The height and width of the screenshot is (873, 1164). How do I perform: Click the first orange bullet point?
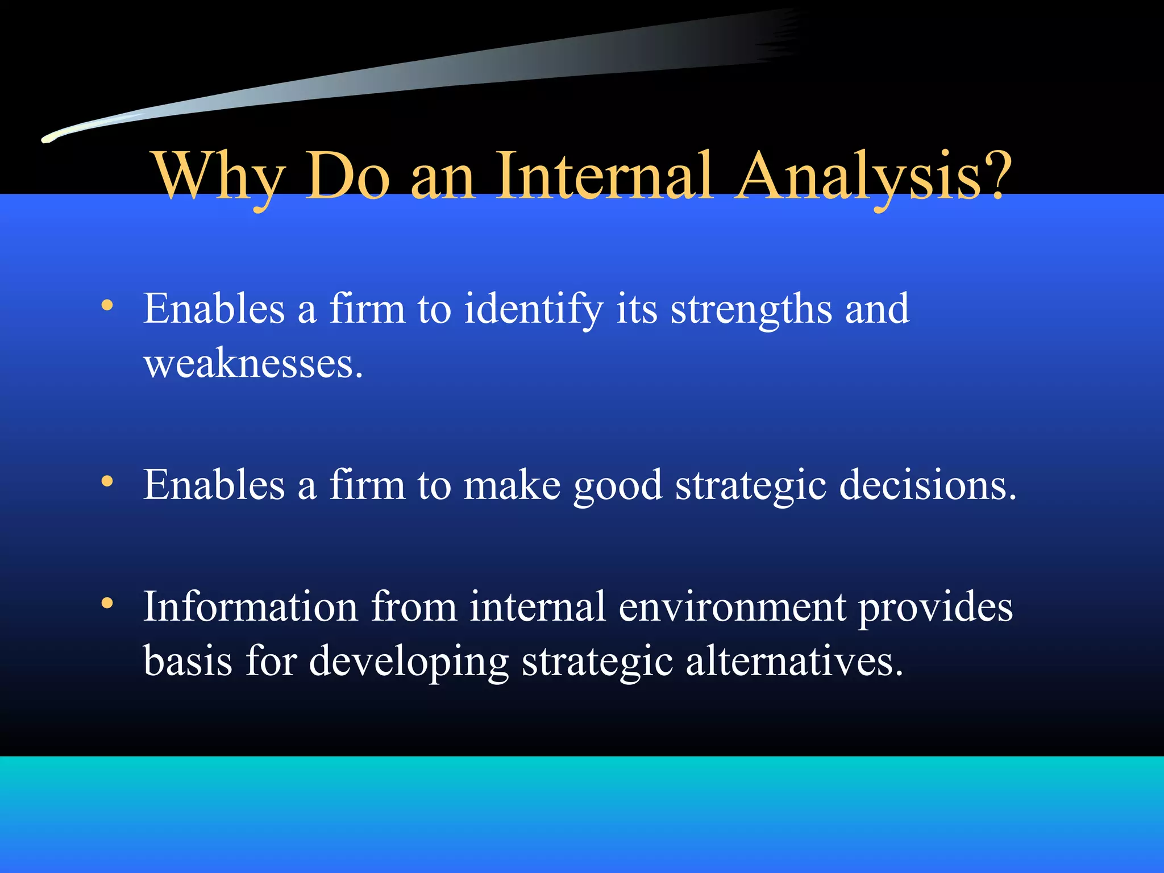point(107,306)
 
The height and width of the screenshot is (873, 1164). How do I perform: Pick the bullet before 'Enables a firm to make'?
point(107,482)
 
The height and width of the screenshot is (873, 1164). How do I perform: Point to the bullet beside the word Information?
point(107,604)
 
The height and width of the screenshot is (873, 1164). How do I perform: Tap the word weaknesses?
point(253,364)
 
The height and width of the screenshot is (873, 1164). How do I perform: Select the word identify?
point(533,310)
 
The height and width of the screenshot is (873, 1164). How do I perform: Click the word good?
point(617,486)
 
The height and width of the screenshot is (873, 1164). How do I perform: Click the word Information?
point(250,607)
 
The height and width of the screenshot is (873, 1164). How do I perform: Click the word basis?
point(188,661)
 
